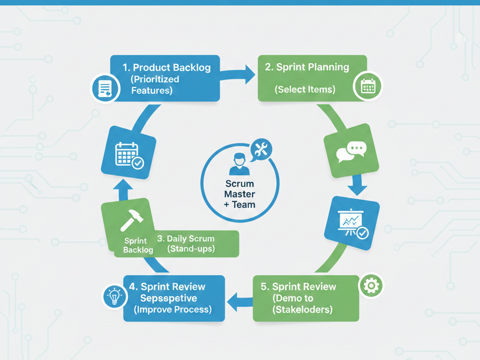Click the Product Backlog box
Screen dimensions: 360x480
167,78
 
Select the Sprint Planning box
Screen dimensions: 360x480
312,78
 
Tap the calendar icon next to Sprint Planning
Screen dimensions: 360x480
368,87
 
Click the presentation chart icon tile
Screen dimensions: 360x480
352,223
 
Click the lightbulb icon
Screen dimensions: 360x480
114,296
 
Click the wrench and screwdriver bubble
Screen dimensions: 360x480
261,150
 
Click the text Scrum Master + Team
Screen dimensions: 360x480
240,194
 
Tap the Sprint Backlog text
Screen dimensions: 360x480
138,246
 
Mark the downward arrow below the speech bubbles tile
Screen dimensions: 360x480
357,186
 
